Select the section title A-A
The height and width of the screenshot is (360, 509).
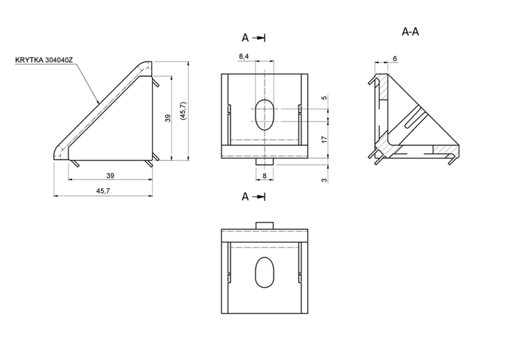click(x=410, y=32)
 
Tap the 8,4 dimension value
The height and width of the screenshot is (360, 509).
click(x=245, y=56)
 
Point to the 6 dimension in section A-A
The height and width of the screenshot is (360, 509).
click(x=394, y=58)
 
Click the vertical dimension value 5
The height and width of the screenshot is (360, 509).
click(x=323, y=98)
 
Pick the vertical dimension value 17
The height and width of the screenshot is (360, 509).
click(x=323, y=139)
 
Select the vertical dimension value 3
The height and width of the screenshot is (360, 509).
click(x=323, y=180)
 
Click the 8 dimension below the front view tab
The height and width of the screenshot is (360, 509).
click(x=264, y=176)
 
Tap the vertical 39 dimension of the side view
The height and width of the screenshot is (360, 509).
click(x=168, y=118)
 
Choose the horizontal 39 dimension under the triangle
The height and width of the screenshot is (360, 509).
click(x=110, y=175)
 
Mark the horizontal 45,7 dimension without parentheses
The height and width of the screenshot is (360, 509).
click(x=103, y=191)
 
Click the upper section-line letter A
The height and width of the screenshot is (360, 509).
click(x=245, y=38)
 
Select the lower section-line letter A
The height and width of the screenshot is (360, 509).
click(x=245, y=196)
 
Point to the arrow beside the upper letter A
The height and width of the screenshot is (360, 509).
click(x=259, y=38)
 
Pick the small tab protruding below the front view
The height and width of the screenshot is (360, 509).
click(x=264, y=161)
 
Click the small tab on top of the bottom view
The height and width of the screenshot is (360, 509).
click(x=264, y=224)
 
